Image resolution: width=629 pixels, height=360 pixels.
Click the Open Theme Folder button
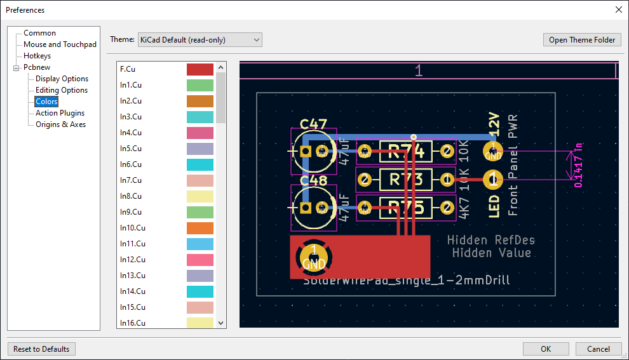(582, 40)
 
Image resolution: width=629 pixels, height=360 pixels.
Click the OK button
(546, 349)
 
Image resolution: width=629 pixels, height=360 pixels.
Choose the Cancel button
(598, 349)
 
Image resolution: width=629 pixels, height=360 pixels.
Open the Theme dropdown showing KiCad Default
(200, 40)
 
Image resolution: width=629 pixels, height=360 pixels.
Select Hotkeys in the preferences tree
(37, 56)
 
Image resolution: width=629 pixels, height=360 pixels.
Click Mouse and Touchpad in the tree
(60, 44)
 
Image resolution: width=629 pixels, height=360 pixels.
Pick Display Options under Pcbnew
(62, 79)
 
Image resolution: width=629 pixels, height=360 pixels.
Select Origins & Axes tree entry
(60, 124)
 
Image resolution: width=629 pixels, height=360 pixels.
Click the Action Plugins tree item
(60, 113)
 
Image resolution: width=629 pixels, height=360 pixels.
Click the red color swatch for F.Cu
(200, 69)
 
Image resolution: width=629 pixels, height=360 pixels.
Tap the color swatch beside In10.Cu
(200, 228)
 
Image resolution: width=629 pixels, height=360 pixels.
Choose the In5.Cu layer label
(131, 149)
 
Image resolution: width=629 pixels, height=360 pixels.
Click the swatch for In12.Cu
(200, 260)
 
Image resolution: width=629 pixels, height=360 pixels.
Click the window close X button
(619, 10)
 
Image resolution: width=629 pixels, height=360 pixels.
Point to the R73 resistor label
(405, 180)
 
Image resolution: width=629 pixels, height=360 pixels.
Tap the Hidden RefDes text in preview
(490, 240)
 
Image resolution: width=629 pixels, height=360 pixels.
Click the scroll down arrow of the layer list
(221, 323)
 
